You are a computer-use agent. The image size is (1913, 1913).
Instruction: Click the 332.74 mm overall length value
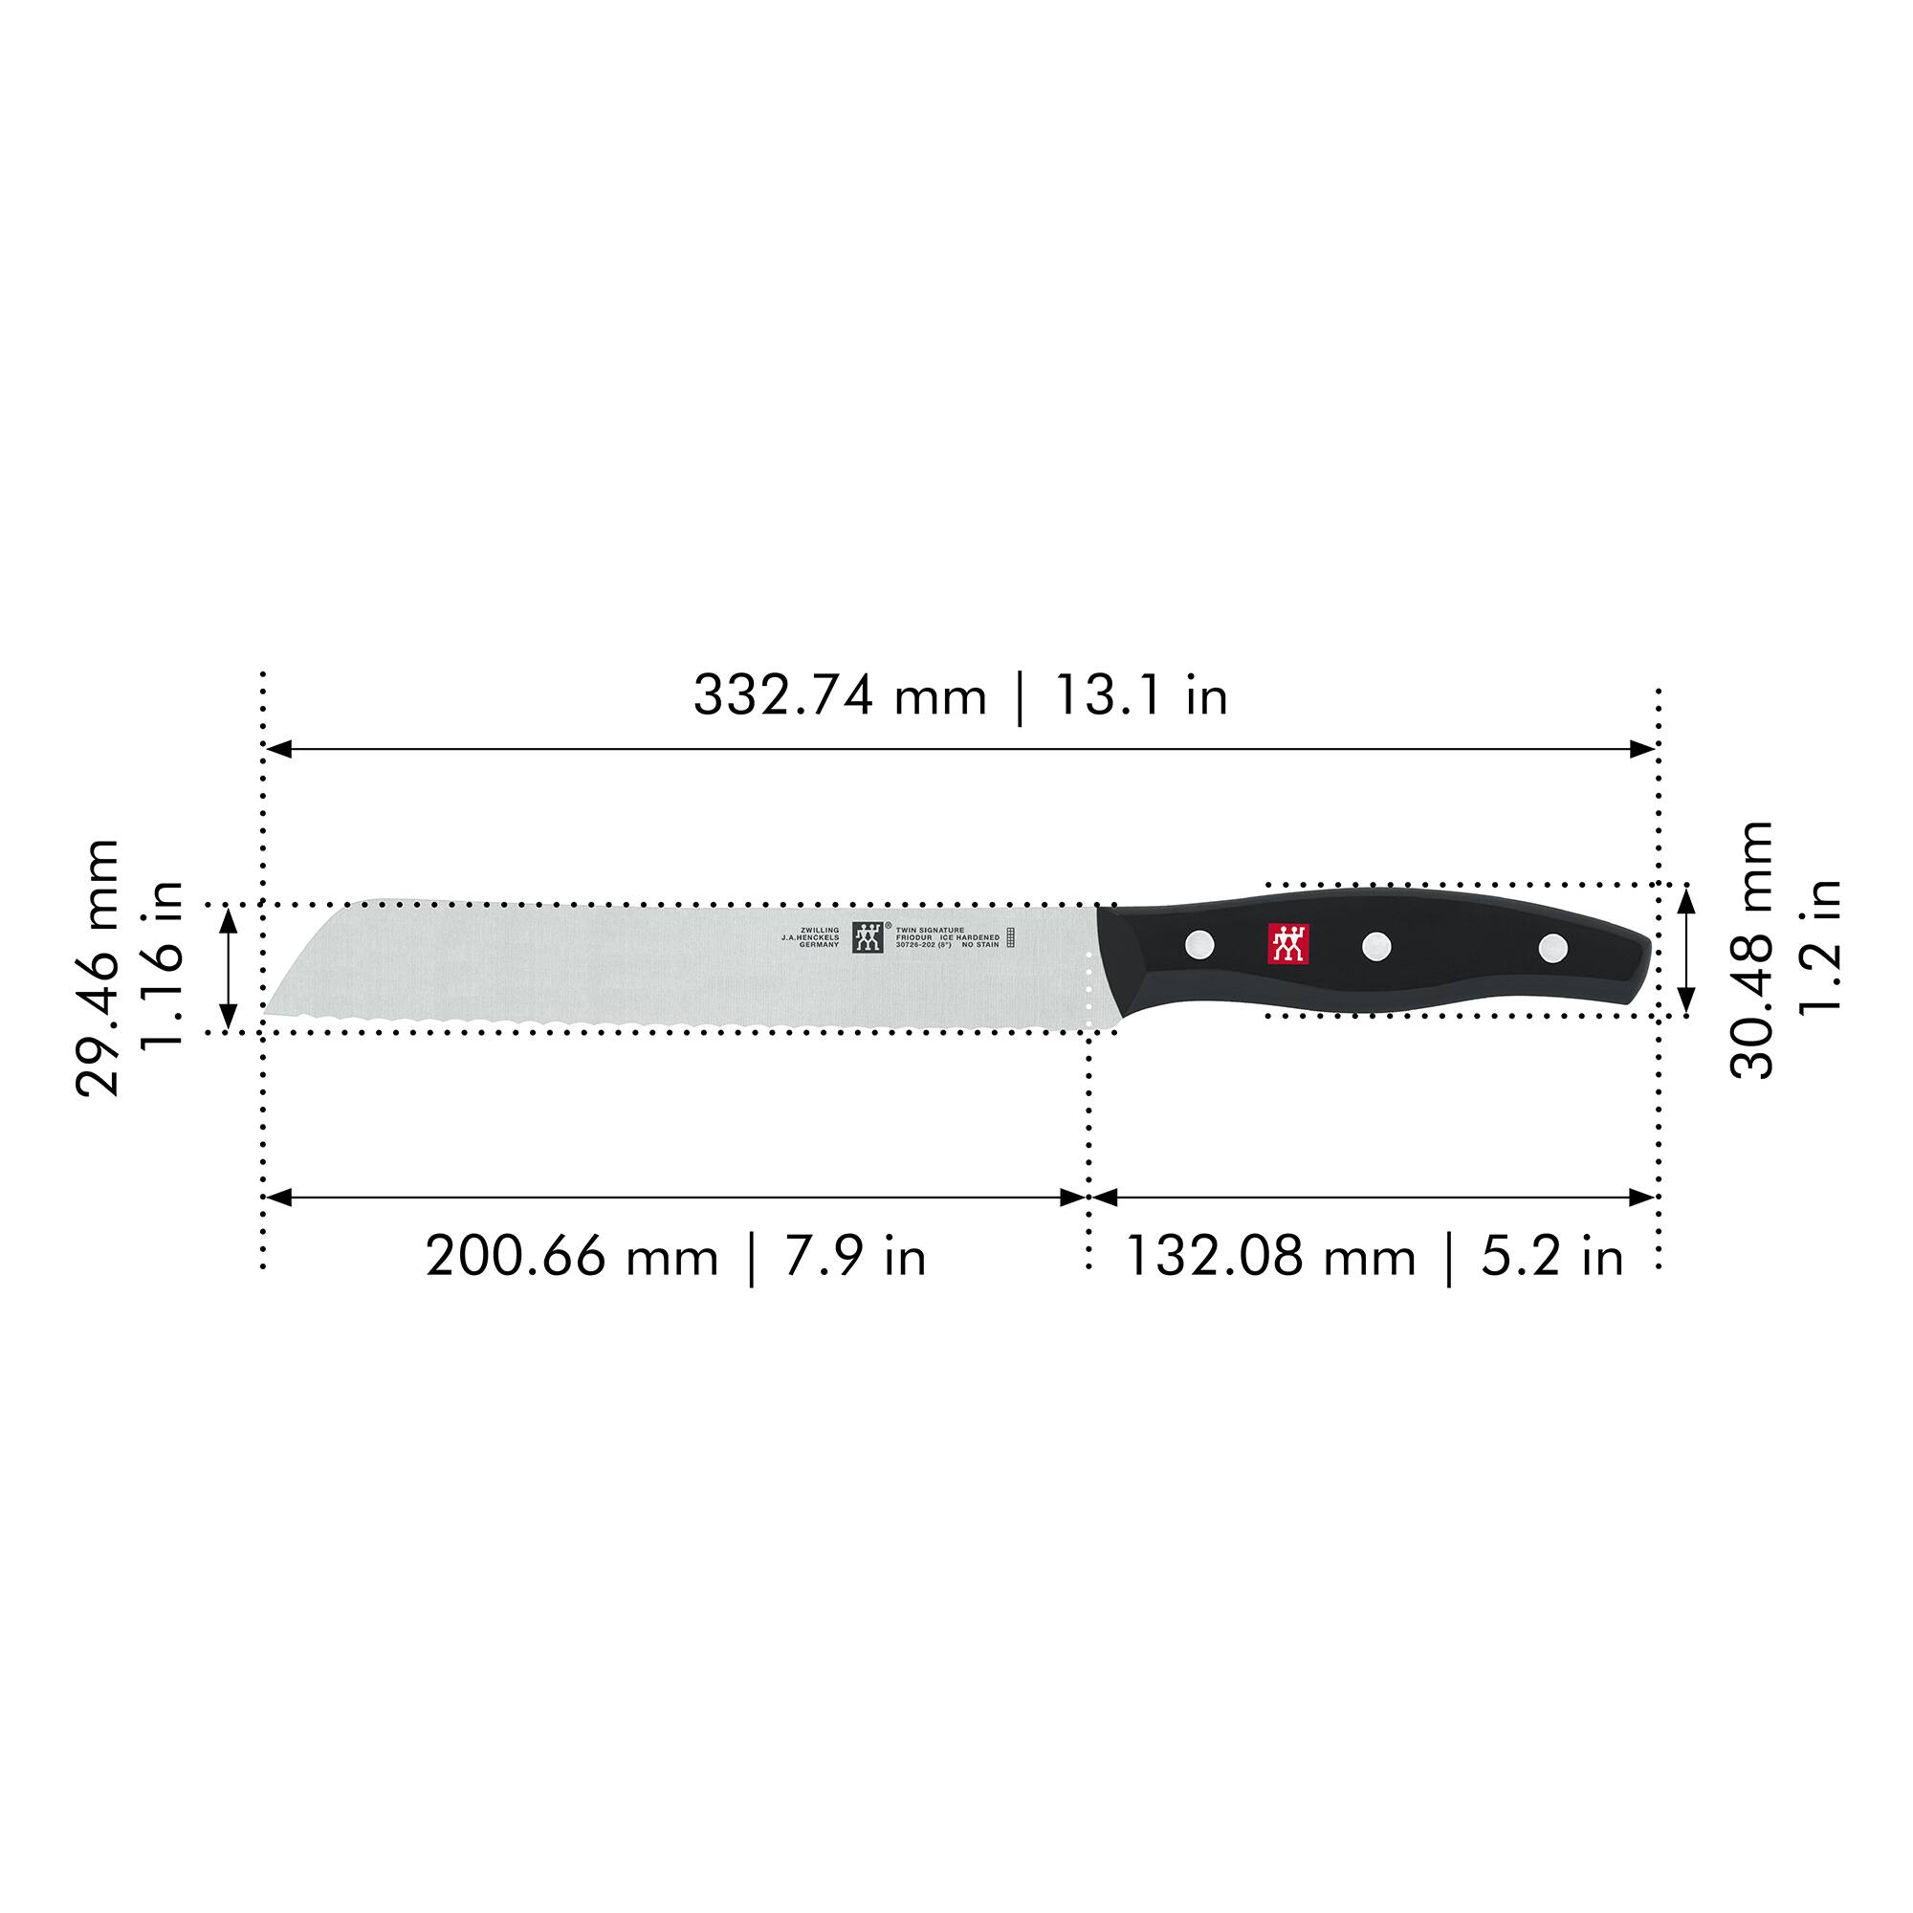click(x=839, y=696)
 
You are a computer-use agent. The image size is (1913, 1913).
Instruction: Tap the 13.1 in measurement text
click(x=1141, y=696)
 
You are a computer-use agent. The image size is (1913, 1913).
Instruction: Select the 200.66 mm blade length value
click(x=571, y=1258)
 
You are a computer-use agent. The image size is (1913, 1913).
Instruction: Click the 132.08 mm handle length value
click(x=1270, y=1258)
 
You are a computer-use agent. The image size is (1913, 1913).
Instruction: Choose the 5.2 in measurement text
click(x=1552, y=1258)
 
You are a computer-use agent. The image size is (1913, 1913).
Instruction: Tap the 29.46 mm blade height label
click(x=98, y=967)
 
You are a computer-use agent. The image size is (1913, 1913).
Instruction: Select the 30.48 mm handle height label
click(x=1751, y=950)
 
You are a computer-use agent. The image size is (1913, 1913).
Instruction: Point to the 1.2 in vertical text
click(x=1819, y=946)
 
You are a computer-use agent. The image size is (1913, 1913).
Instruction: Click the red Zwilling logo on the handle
click(x=1288, y=944)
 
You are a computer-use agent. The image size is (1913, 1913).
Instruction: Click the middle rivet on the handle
click(x=1376, y=946)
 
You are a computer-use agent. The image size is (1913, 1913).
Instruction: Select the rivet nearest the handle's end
click(x=1552, y=948)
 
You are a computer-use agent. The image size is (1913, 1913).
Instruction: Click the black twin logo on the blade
click(x=868, y=937)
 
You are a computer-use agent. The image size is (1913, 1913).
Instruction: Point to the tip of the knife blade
click(x=265, y=1012)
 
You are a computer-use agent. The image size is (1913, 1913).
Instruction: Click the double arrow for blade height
click(x=228, y=967)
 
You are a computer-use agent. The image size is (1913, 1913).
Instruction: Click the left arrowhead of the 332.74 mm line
click(x=276, y=750)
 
